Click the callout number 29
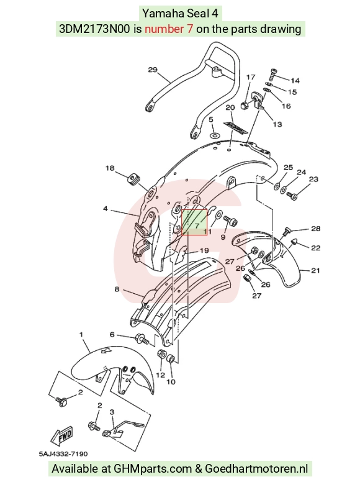click(x=153, y=70)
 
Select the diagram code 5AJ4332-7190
click(x=63, y=453)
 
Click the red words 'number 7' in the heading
click(x=169, y=29)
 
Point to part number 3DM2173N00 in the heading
click(x=94, y=29)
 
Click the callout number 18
click(x=110, y=168)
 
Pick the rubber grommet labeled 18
click(x=133, y=180)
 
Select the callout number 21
click(x=315, y=271)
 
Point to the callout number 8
click(x=117, y=289)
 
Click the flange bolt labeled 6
click(x=142, y=340)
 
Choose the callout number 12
click(x=161, y=375)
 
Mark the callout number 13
click(x=277, y=124)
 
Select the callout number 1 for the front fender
click(x=81, y=334)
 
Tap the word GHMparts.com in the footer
click(x=153, y=469)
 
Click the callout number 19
click(x=204, y=251)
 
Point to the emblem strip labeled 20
click(x=236, y=128)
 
